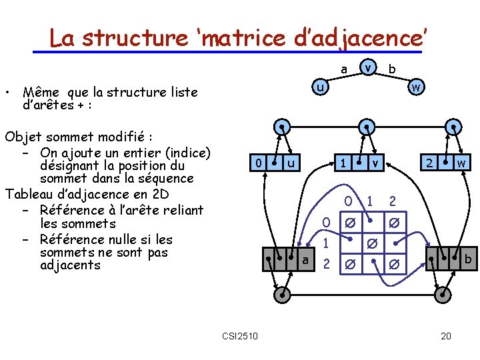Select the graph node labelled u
click(321, 87)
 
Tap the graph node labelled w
click(415, 87)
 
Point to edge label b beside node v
click(392, 69)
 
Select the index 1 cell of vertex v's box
click(342, 163)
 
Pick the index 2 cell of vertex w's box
click(430, 163)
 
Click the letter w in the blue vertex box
click(461, 163)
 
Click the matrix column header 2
click(393, 201)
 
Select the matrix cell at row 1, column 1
click(371, 244)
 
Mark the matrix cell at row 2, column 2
click(395, 265)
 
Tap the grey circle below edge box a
click(283, 294)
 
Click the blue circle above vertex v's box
click(365, 127)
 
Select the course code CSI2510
click(241, 335)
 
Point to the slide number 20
click(446, 335)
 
